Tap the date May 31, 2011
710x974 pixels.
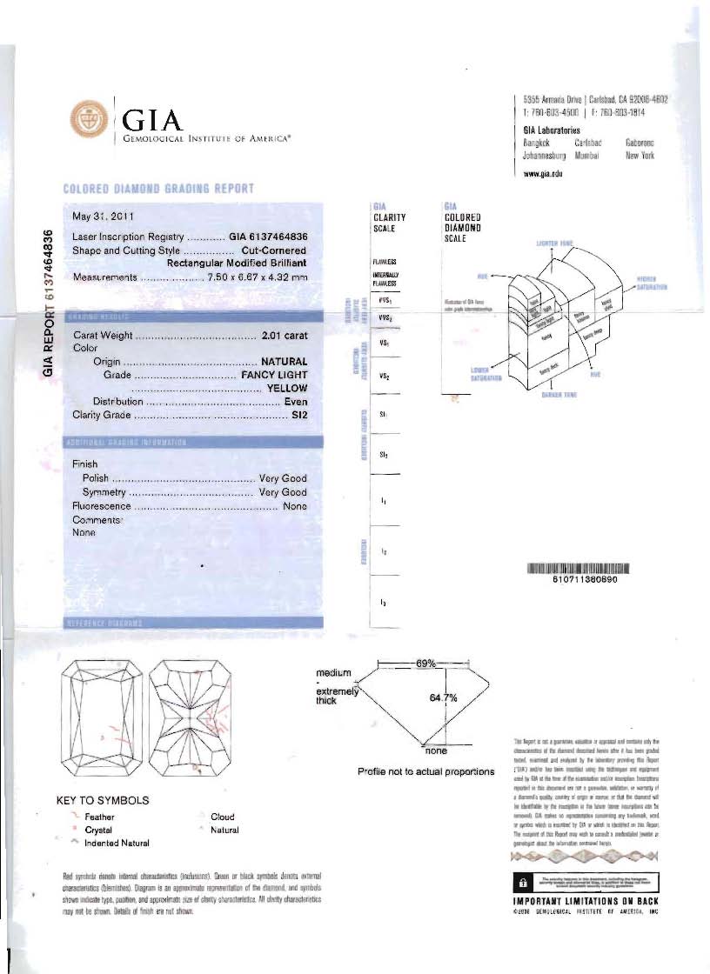click(103, 215)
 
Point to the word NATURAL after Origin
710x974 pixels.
click(285, 362)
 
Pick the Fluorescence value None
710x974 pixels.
click(296, 506)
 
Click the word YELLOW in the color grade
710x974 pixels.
click(286, 389)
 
